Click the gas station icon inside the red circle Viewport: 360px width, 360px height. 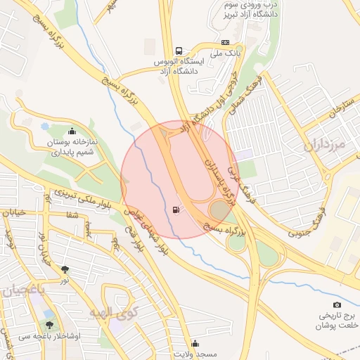coord(174,210)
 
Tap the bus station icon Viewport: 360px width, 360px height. coord(179,51)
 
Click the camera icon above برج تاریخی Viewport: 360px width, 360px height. coord(337,304)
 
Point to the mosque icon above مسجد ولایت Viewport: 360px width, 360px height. coord(195,342)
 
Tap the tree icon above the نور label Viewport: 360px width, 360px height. coord(65,269)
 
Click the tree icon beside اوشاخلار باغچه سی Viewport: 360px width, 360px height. coord(49,325)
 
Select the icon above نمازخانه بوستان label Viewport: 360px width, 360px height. coord(72,131)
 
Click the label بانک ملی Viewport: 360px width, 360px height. coord(226,53)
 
